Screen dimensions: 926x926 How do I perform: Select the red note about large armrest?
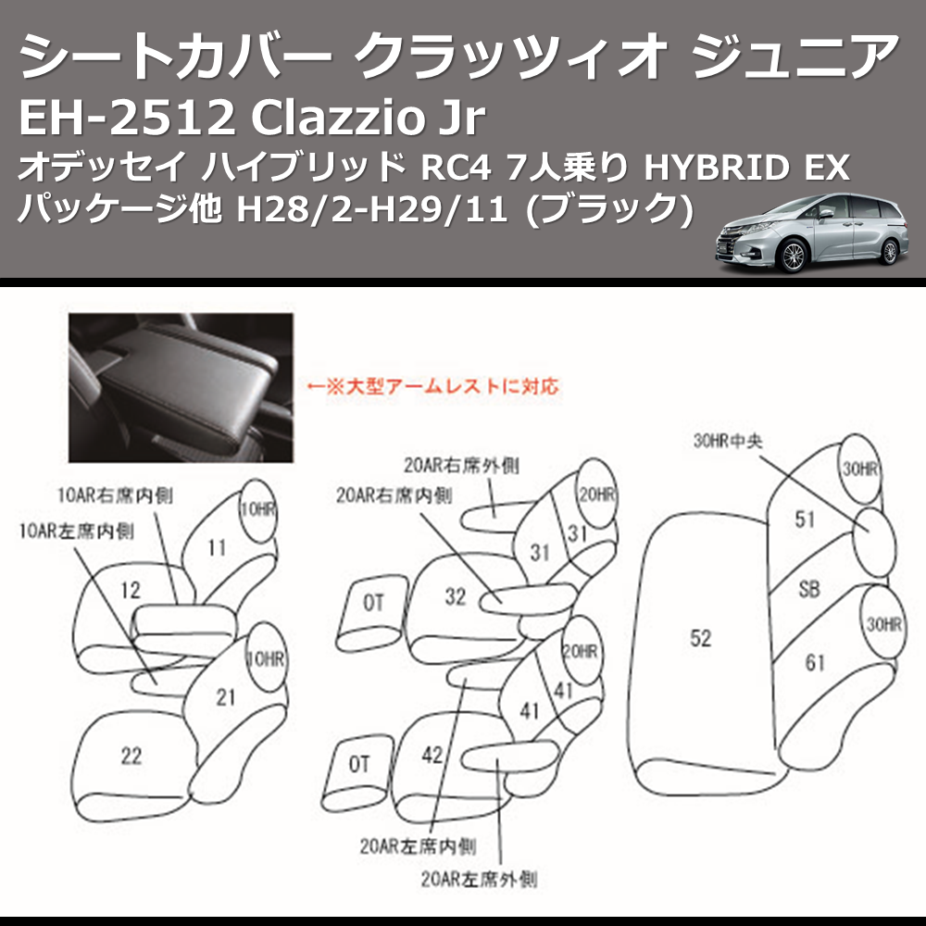[x=432, y=384]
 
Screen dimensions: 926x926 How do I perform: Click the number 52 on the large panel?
[x=701, y=638]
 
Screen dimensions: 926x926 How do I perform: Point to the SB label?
[x=808, y=589]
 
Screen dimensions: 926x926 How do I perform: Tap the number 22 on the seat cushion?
[x=131, y=756]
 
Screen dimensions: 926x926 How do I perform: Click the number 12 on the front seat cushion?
[x=131, y=589]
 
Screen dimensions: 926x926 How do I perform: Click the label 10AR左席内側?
[x=76, y=532]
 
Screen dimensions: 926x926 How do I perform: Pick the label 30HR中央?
[x=727, y=442]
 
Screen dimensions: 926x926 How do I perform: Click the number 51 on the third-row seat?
[x=805, y=519]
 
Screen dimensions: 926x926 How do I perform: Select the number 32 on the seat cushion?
[x=455, y=597]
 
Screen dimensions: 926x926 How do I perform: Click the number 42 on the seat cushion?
[x=432, y=755]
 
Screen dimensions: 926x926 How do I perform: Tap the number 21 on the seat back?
[x=225, y=697]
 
